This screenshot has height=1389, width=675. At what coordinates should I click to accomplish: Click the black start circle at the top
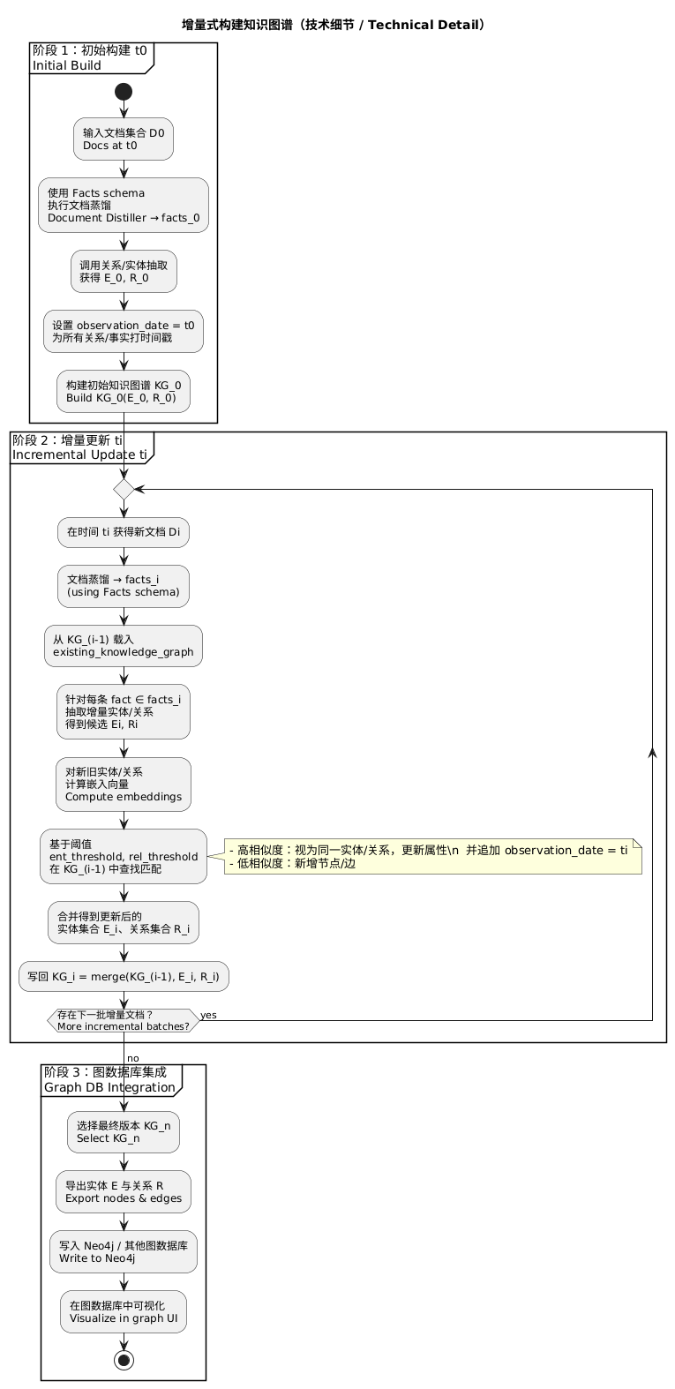click(124, 92)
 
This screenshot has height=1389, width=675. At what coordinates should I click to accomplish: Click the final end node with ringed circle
click(124, 1359)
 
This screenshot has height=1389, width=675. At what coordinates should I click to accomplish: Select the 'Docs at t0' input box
click(124, 139)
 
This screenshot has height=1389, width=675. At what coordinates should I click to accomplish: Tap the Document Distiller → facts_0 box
click(124, 205)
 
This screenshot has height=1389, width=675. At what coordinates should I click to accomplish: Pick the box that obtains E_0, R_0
click(124, 271)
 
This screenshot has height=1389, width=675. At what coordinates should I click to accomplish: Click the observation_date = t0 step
click(124, 331)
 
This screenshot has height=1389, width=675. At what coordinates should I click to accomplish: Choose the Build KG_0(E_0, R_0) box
click(124, 391)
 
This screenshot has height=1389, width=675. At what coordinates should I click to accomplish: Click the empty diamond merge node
click(124, 489)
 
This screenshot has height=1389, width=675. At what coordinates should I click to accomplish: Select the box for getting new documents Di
click(124, 533)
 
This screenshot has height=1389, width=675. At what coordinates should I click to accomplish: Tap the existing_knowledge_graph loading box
click(124, 646)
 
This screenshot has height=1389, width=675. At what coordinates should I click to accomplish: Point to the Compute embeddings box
click(124, 784)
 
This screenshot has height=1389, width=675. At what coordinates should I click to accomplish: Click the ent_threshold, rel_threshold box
click(124, 856)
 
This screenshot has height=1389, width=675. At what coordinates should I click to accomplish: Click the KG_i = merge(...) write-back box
click(124, 977)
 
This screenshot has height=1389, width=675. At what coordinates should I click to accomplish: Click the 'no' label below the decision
click(132, 1058)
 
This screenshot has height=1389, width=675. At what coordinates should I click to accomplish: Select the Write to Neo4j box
click(124, 1251)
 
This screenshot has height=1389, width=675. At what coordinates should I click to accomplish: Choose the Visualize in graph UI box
click(124, 1312)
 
